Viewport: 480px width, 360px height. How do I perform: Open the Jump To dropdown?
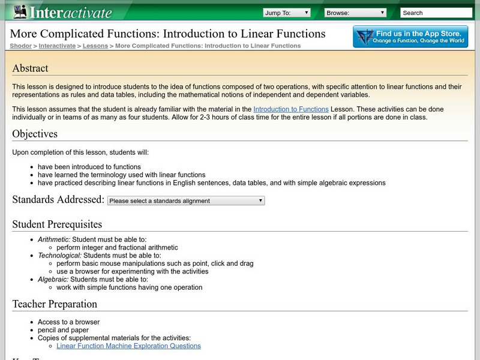[287, 12]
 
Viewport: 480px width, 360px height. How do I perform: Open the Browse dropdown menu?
[356, 12]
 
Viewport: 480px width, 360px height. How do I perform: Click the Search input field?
[436, 13]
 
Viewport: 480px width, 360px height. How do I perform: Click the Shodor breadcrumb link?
[20, 46]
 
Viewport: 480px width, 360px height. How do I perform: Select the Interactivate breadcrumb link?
[58, 46]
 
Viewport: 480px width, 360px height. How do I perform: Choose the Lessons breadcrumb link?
[95, 46]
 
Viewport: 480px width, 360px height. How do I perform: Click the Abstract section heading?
[31, 68]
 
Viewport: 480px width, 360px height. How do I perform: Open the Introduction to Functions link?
[291, 109]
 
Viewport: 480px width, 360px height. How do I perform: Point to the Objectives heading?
[35, 134]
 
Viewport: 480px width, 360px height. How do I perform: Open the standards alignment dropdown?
[186, 201]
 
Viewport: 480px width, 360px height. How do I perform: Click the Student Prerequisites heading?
[57, 224]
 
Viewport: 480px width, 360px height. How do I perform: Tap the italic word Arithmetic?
[53, 239]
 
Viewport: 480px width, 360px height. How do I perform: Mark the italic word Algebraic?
[52, 280]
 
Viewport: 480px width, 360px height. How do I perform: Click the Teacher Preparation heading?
[55, 304]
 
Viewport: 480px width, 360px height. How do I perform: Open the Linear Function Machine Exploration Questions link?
[128, 346]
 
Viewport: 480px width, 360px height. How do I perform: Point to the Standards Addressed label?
[58, 200]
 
